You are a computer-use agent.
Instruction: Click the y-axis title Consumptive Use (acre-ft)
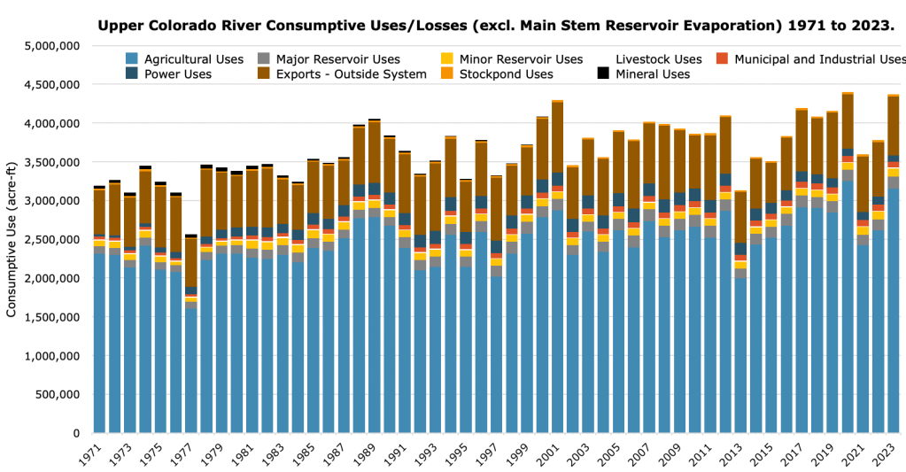click(12, 240)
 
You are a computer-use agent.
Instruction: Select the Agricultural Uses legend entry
click(192, 59)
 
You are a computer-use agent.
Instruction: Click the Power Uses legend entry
click(177, 74)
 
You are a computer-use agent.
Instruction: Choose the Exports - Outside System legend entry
click(351, 74)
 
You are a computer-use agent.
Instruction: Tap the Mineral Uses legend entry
click(653, 74)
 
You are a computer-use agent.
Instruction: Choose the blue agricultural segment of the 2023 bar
click(894, 310)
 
